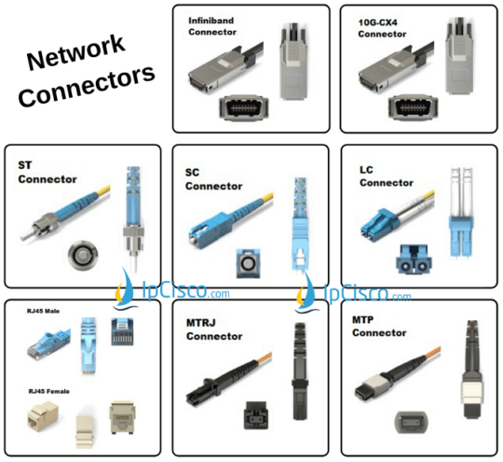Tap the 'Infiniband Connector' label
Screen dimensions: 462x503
(x=212, y=25)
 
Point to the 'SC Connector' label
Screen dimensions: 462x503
(x=213, y=180)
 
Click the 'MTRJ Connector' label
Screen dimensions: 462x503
(x=213, y=330)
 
